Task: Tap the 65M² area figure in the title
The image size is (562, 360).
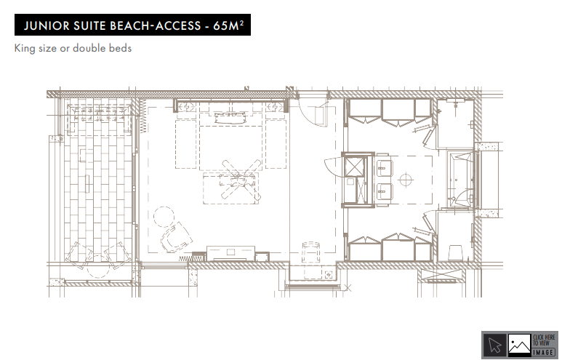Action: pyautogui.click(x=228, y=25)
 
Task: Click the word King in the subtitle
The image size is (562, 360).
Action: pyautogui.click(x=25, y=49)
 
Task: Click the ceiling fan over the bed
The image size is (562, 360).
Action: pyautogui.click(x=241, y=180)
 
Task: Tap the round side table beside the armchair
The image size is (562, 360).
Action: pyautogui.click(x=164, y=217)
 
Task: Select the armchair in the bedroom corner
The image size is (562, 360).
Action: pyautogui.click(x=177, y=237)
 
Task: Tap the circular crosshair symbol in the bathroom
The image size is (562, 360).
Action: pyautogui.click(x=406, y=180)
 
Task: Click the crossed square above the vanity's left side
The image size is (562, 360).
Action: pyautogui.click(x=354, y=167)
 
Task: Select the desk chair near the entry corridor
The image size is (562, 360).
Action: pyautogui.click(x=311, y=252)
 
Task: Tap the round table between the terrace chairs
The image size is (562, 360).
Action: pyautogui.click(x=98, y=267)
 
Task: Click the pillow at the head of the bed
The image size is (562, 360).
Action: pyautogui.click(x=230, y=118)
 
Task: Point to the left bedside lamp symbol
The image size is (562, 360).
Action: pyautogui.click(x=186, y=106)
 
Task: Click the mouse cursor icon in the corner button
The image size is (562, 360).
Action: pyautogui.click(x=494, y=345)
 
